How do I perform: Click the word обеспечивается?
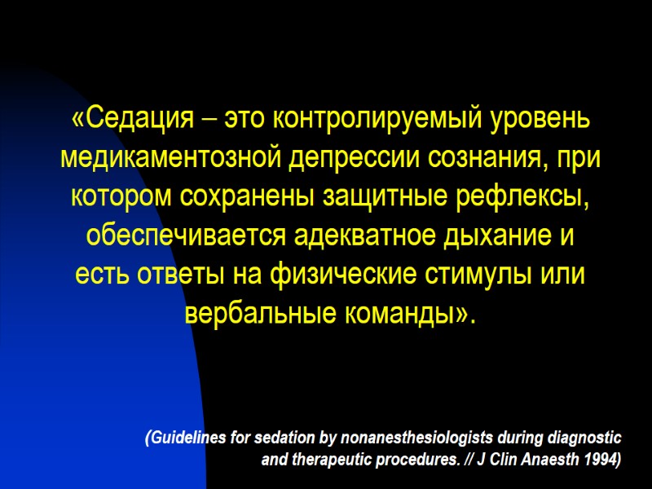click(x=178, y=236)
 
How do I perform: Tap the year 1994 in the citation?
click(x=602, y=460)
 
